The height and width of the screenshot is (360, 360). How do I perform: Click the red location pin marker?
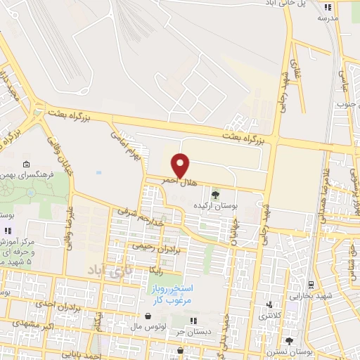181,165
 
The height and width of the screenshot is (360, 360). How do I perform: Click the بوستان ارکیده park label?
215,205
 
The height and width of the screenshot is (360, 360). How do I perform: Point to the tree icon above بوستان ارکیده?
215,194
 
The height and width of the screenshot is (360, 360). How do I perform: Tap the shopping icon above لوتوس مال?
148,317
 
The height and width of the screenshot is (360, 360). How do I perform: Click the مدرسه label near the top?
328,18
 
